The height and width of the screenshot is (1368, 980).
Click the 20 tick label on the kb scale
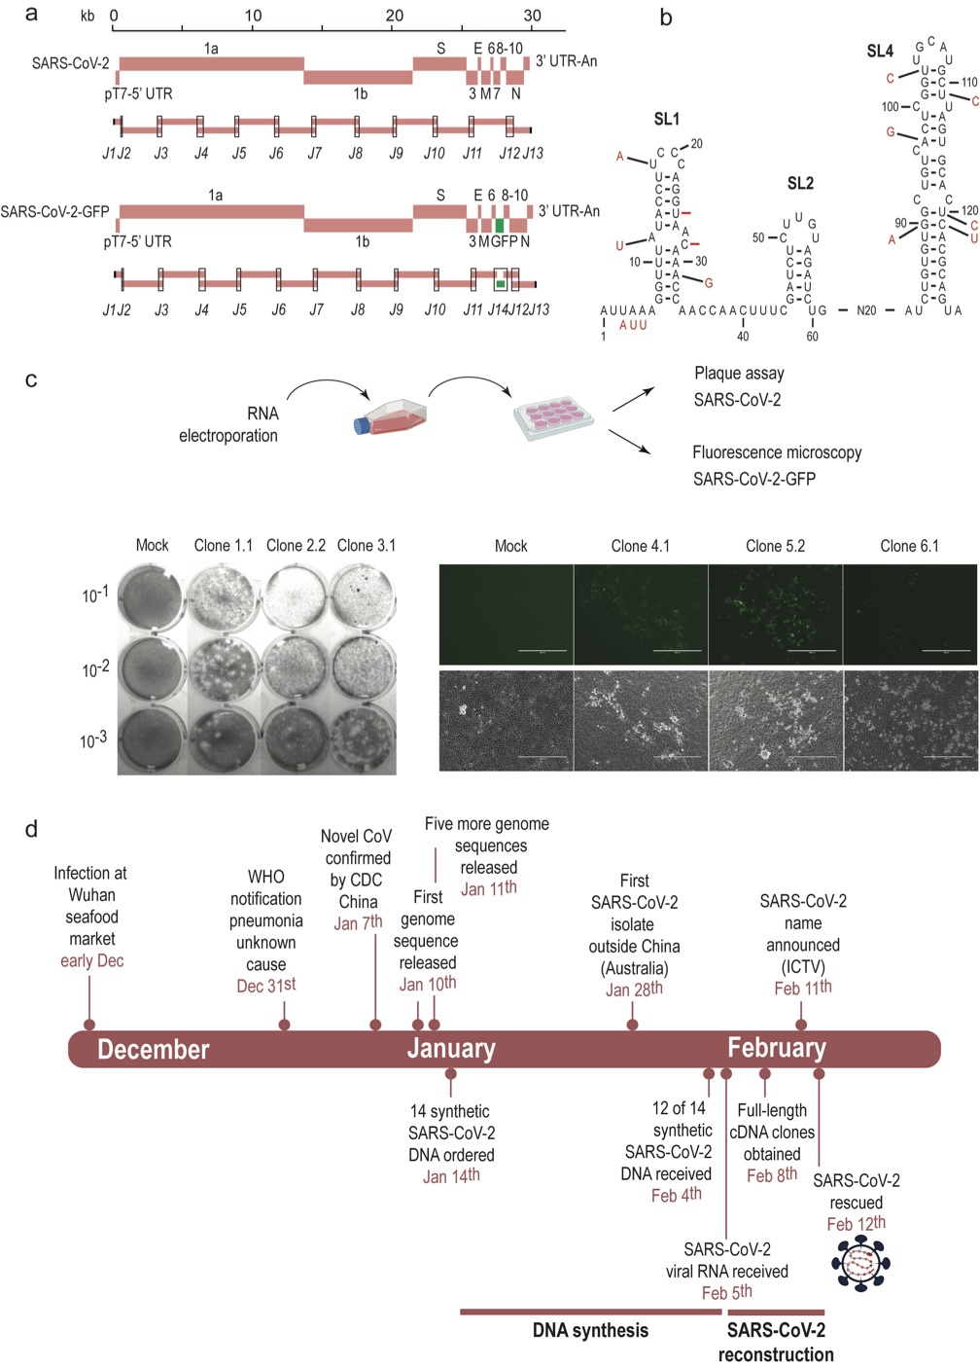click(x=395, y=16)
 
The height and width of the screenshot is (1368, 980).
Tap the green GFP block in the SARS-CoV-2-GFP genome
click(x=499, y=225)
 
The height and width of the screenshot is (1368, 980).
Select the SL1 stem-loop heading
click(x=666, y=119)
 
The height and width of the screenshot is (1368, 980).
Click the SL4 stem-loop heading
click(x=879, y=51)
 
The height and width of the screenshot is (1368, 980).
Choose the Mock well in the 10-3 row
click(x=152, y=741)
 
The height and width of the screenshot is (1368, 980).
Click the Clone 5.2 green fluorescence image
click(x=775, y=614)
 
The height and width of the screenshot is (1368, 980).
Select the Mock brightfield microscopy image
click(x=506, y=721)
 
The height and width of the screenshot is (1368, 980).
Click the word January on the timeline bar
click(x=451, y=1049)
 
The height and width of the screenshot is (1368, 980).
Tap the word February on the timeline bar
click(x=777, y=1048)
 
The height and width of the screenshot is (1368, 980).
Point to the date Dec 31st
click(x=265, y=986)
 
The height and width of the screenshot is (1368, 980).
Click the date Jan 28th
click(x=634, y=989)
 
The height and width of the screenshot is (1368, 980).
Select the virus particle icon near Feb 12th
click(x=860, y=1263)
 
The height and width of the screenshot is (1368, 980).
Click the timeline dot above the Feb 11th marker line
click(x=801, y=1024)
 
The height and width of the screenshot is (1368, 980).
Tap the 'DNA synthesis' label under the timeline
click(x=590, y=1331)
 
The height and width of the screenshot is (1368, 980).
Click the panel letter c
click(x=31, y=379)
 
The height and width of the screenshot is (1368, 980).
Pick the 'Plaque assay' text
click(x=739, y=374)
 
